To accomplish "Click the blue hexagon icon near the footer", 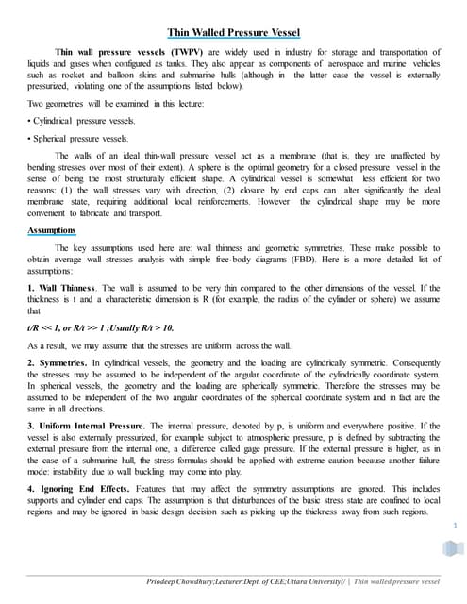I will click(x=448, y=550).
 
